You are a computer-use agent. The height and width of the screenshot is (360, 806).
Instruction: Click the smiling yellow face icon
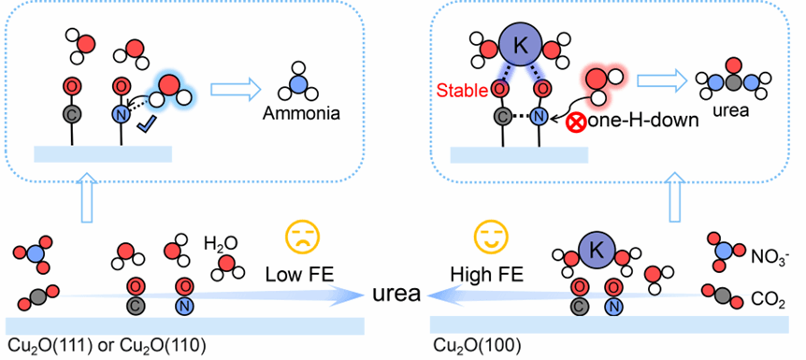(490, 237)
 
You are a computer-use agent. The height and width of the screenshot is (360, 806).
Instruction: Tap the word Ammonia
(301, 112)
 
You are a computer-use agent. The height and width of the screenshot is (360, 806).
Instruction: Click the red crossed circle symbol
(575, 124)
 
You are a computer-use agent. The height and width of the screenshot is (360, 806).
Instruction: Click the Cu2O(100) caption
(469, 345)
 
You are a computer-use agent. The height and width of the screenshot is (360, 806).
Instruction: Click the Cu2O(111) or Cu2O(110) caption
(107, 345)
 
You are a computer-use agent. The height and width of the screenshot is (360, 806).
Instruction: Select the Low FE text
(300, 275)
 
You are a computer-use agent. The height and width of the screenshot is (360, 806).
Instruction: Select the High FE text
(487, 275)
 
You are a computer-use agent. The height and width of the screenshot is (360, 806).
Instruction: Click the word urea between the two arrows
(397, 295)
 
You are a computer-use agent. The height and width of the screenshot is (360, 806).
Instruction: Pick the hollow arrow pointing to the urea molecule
(659, 80)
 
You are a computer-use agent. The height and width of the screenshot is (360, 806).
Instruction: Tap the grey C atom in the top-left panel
(72, 115)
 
